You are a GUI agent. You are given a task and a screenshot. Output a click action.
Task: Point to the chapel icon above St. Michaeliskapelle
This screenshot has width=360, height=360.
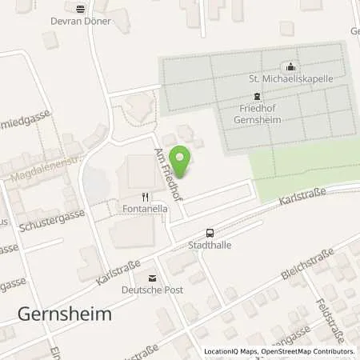coord(290,67)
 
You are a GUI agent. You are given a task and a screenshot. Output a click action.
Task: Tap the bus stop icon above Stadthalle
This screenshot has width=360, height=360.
coord(210,232)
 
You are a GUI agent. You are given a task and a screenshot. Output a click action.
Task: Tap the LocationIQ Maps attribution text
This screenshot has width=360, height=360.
coord(278,351)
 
